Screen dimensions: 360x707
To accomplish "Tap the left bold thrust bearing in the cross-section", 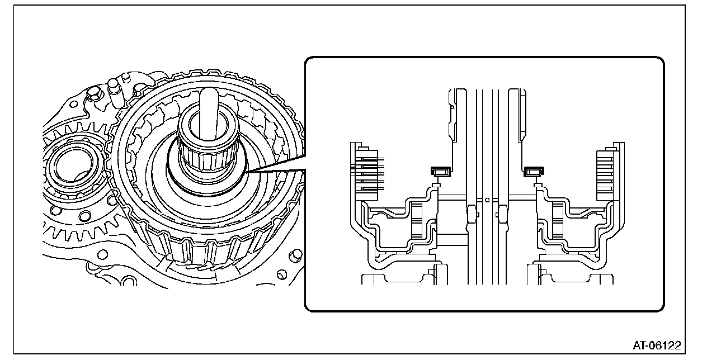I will (x=440, y=171).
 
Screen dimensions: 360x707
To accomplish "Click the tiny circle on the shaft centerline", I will (x=487, y=198).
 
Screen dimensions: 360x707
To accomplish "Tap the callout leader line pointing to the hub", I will (x=274, y=169).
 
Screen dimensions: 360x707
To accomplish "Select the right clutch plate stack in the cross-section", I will (x=607, y=170).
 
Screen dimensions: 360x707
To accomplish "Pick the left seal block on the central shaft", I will (x=472, y=212).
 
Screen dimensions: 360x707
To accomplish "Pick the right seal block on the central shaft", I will (x=503, y=212).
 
